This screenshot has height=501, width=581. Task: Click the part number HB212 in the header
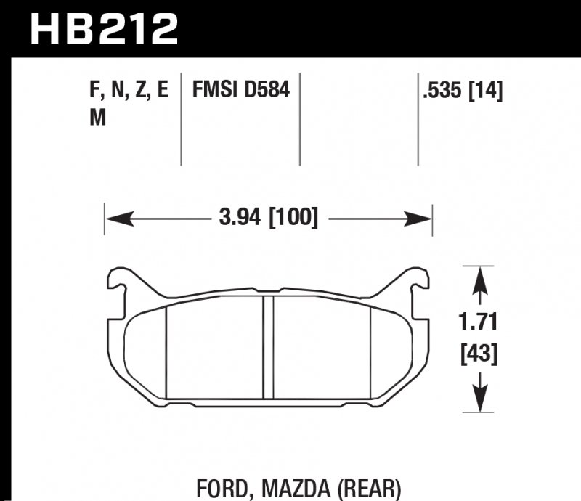tap(103, 29)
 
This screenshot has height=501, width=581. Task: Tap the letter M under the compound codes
tap(95, 118)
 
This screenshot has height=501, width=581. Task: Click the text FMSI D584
tap(240, 91)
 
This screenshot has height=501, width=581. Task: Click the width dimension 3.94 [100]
tap(269, 217)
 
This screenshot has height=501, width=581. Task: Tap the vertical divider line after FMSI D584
tap(301, 120)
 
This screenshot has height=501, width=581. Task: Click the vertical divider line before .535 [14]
tap(418, 120)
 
